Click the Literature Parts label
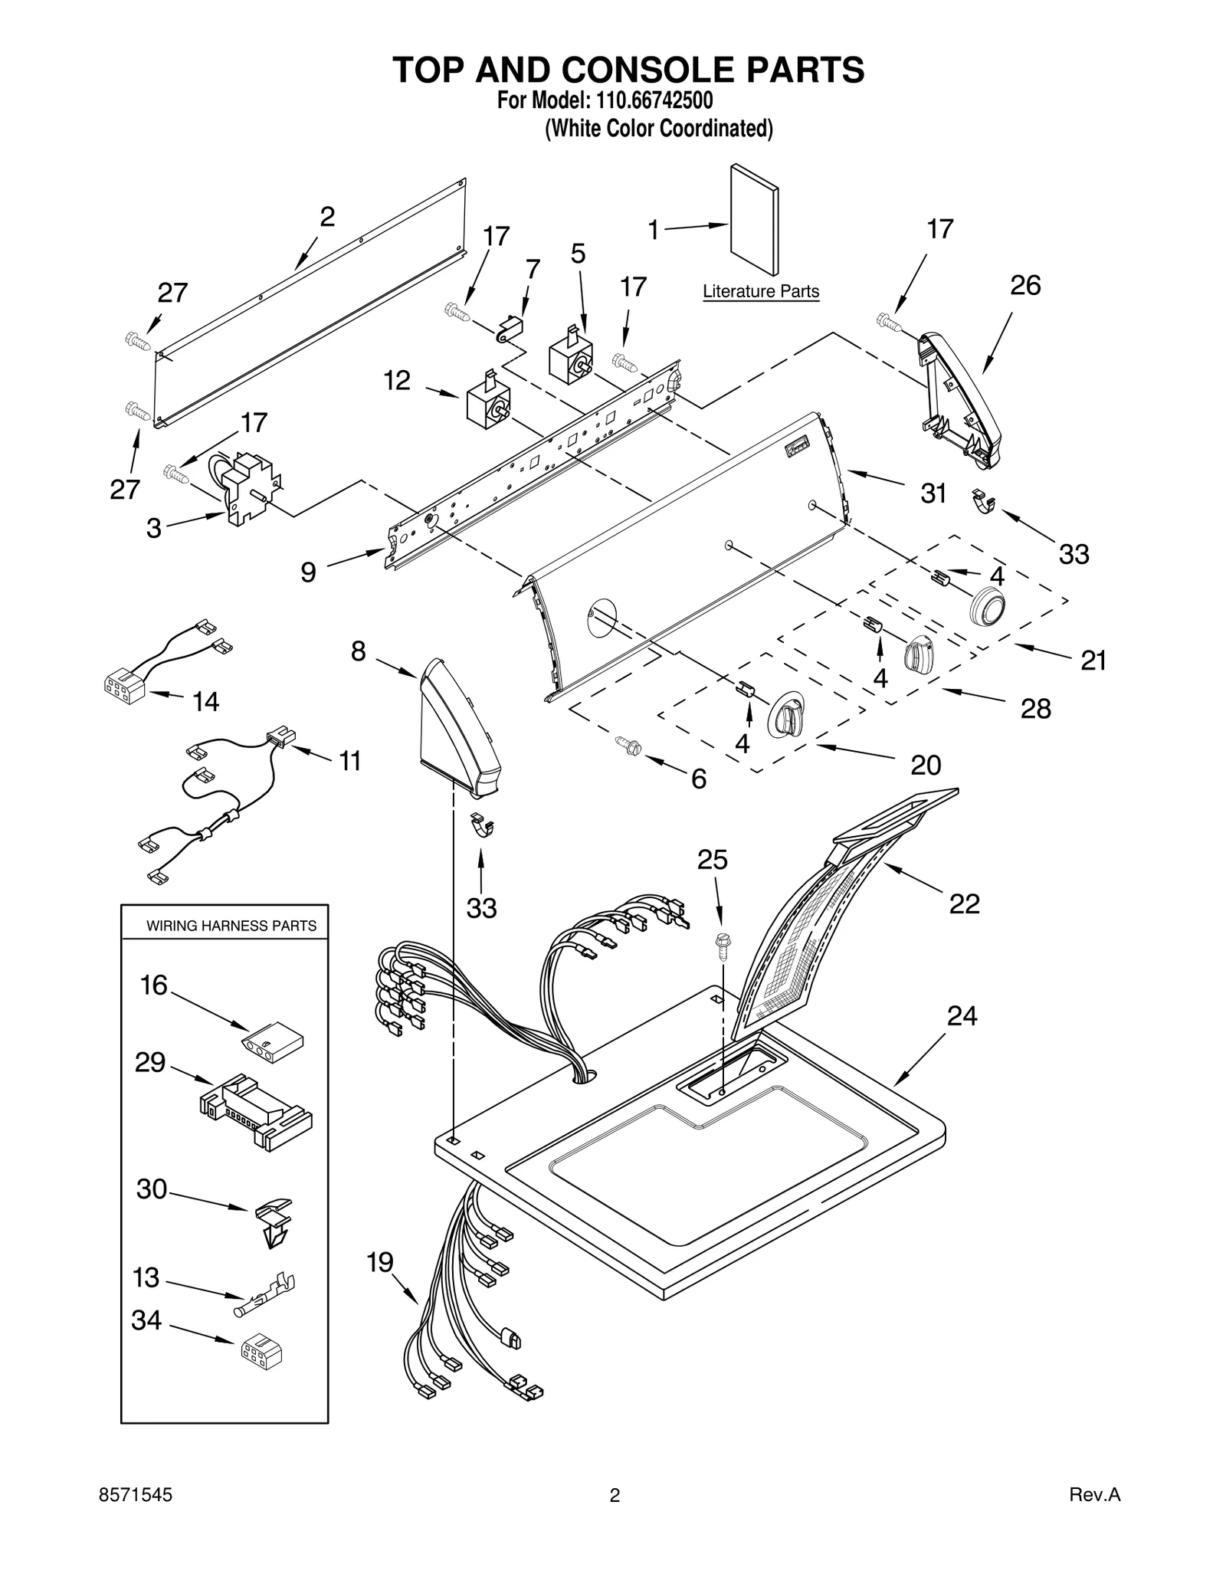[760, 291]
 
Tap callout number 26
[1024, 286]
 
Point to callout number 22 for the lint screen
[964, 904]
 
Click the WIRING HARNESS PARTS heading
[231, 926]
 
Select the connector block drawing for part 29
[255, 1110]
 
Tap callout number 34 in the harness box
[146, 1320]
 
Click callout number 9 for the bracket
[308, 572]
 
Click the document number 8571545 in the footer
[136, 1494]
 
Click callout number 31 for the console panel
[933, 493]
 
